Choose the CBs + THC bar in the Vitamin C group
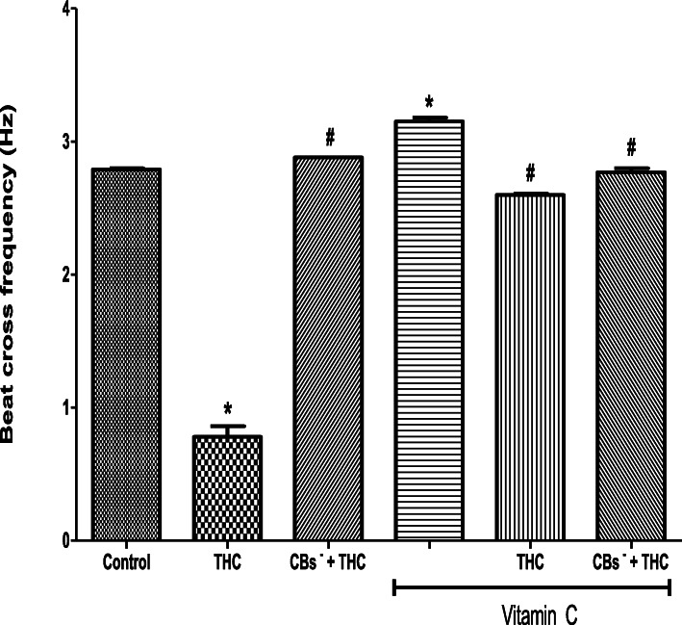click(631, 355)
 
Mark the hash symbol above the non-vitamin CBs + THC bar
click(329, 136)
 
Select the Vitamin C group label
click(531, 612)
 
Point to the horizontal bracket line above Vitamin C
click(531, 587)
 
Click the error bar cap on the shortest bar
click(228, 426)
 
